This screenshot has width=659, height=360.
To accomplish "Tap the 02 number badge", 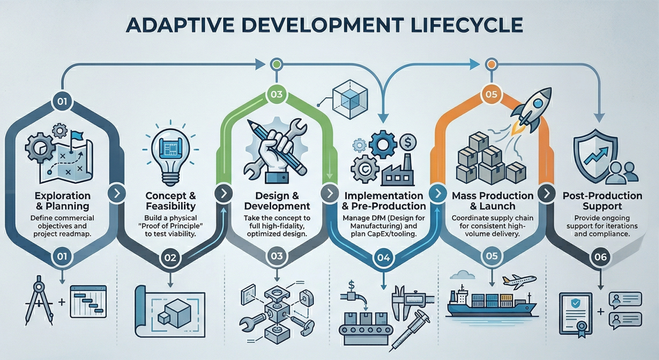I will [x=170, y=257].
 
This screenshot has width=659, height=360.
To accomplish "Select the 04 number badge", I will [x=382, y=257].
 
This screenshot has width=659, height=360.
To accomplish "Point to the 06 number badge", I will [x=600, y=257].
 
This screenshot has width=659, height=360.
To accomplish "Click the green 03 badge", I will [x=277, y=93].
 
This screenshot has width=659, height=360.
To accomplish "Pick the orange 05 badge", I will [x=491, y=93].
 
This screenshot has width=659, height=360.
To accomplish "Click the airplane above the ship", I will [x=520, y=281].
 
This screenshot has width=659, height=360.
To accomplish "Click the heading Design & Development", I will [x=277, y=201].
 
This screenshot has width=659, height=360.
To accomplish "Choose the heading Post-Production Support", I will [x=602, y=201].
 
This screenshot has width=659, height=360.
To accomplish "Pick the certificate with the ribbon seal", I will [x=575, y=313].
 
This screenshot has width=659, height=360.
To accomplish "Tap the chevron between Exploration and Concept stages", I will [x=117, y=193].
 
